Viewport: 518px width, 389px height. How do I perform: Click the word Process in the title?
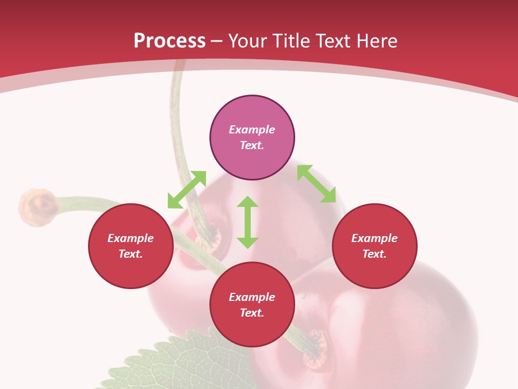click(169, 41)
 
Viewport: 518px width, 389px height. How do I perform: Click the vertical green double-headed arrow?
click(248, 222)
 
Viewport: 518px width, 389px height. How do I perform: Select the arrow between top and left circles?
click(187, 190)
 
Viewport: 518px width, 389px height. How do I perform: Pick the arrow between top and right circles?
click(317, 184)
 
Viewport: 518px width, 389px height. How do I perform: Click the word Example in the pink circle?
click(252, 130)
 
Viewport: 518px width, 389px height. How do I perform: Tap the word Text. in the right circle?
click(374, 254)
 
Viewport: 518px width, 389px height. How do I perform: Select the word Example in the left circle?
click(131, 238)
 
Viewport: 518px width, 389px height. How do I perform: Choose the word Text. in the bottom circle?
click(252, 313)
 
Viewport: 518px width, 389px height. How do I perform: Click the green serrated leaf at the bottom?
click(173, 362)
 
